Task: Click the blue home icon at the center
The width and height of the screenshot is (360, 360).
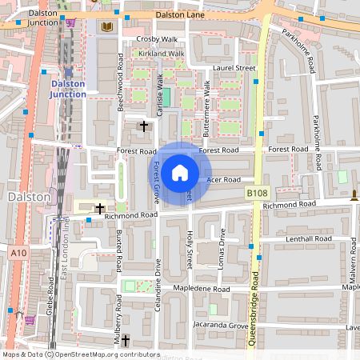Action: [180, 172]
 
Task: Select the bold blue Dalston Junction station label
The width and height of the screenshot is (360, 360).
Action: [67, 89]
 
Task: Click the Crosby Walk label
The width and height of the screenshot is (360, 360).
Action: [157, 38]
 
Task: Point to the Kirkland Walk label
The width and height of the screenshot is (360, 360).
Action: [161, 54]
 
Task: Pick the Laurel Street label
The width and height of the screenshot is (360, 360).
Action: [234, 69]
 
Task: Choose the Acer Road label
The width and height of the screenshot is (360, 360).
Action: [223, 180]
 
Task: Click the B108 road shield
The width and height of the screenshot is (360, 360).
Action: [257, 194]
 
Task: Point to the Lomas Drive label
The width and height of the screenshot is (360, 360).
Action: [222, 246]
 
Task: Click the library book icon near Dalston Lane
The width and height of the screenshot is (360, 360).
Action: [106, 27]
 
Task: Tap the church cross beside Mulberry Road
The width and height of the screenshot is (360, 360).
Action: [126, 341]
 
